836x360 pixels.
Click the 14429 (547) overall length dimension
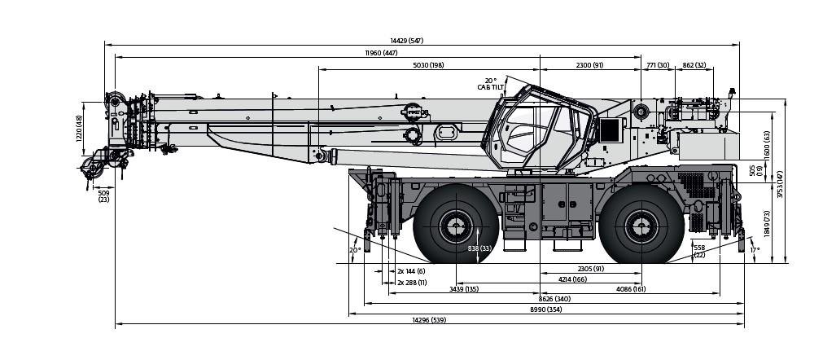(406, 41)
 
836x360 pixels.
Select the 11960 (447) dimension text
(381, 53)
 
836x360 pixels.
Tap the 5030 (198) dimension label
(428, 65)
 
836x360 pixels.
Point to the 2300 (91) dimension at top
(589, 65)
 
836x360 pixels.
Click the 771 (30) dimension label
(658, 65)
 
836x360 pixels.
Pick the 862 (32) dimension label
(694, 65)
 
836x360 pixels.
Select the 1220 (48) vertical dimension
(80, 129)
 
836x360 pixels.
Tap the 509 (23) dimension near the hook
(103, 196)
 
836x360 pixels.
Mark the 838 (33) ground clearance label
(480, 248)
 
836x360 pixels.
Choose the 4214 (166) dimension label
(572, 279)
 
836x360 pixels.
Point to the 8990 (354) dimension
(545, 310)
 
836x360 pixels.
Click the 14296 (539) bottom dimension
(428, 321)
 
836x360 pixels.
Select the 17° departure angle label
(755, 250)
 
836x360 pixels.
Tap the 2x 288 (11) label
(412, 282)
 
